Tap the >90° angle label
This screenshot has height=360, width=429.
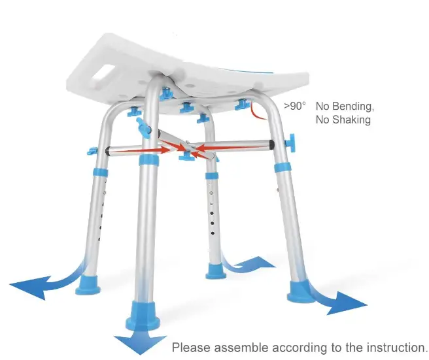click(294, 106)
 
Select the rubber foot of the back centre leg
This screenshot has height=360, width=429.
click(216, 268)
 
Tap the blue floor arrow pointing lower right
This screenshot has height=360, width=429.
click(343, 301)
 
